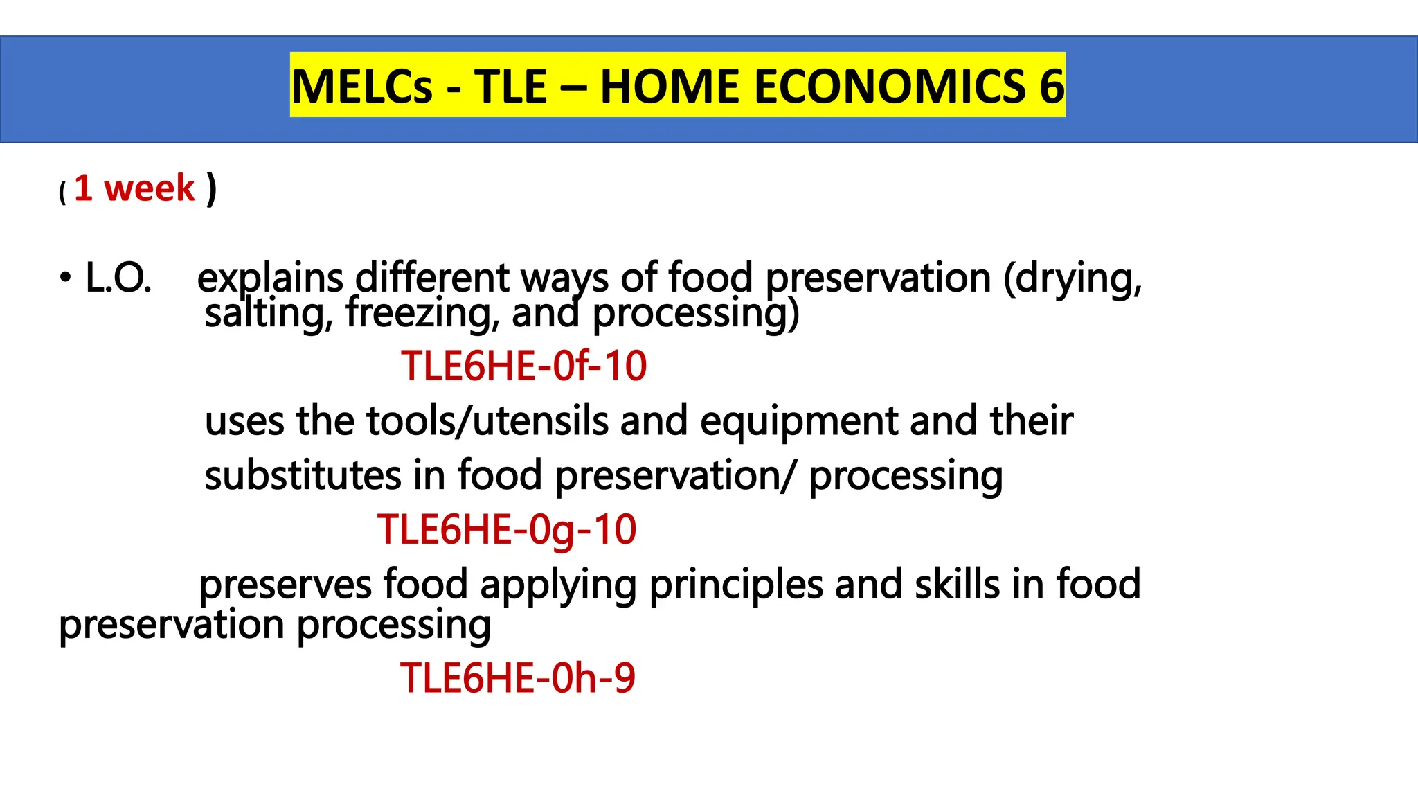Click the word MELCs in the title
coord(361,87)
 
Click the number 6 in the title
coord(1052,87)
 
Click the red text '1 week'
coord(135,188)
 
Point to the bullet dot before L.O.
coord(65,278)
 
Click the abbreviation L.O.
coord(118,278)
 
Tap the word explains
coord(270,278)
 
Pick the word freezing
coord(422,312)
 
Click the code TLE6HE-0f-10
coord(523,366)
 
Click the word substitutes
coord(303,476)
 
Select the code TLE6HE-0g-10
coord(506,530)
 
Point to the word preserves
coord(285,584)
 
